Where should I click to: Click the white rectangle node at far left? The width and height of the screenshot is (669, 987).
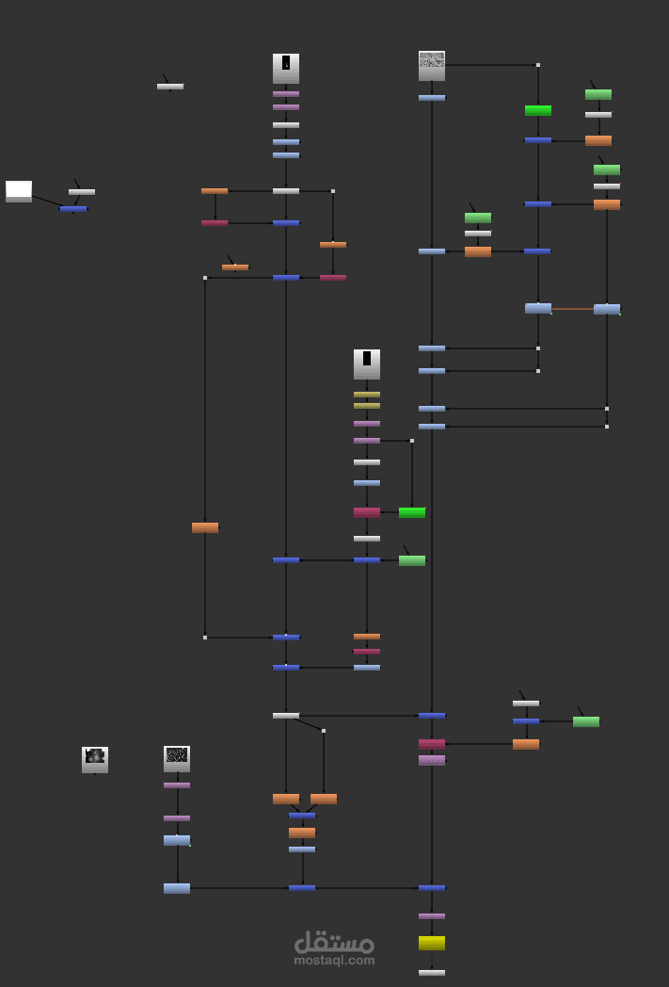pyautogui.click(x=19, y=191)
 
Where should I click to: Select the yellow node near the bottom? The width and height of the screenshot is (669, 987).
pyautogui.click(x=432, y=943)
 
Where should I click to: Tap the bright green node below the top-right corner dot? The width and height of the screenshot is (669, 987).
pyautogui.click(x=538, y=110)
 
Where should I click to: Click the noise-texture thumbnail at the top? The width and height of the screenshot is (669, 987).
pyautogui.click(x=432, y=65)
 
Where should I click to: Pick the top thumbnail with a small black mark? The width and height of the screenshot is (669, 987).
pyautogui.click(x=286, y=68)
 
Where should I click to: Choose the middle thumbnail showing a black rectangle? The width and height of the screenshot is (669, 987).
pyautogui.click(x=367, y=364)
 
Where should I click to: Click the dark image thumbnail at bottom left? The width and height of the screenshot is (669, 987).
pyautogui.click(x=95, y=759)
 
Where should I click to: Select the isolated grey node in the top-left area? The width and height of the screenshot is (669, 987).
pyautogui.click(x=170, y=87)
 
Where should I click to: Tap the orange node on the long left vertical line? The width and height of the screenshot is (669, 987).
pyautogui.click(x=205, y=527)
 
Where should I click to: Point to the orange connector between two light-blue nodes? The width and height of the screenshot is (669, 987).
pyautogui.click(x=572, y=309)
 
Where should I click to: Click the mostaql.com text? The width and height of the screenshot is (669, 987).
pyautogui.click(x=334, y=961)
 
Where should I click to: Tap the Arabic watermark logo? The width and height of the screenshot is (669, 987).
pyautogui.click(x=334, y=942)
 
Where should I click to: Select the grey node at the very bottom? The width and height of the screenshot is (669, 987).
pyautogui.click(x=432, y=973)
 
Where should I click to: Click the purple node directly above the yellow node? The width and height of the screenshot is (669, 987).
pyautogui.click(x=432, y=915)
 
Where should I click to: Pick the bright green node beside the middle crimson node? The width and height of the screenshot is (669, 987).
pyautogui.click(x=412, y=512)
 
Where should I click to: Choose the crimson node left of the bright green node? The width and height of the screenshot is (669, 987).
pyautogui.click(x=367, y=512)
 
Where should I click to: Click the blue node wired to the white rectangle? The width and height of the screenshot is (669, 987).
pyautogui.click(x=73, y=209)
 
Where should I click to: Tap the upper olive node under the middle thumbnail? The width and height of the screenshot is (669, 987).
pyautogui.click(x=367, y=395)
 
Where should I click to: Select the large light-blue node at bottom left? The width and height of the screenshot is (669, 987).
pyautogui.click(x=177, y=888)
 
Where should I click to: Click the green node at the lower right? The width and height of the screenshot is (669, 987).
pyautogui.click(x=586, y=721)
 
